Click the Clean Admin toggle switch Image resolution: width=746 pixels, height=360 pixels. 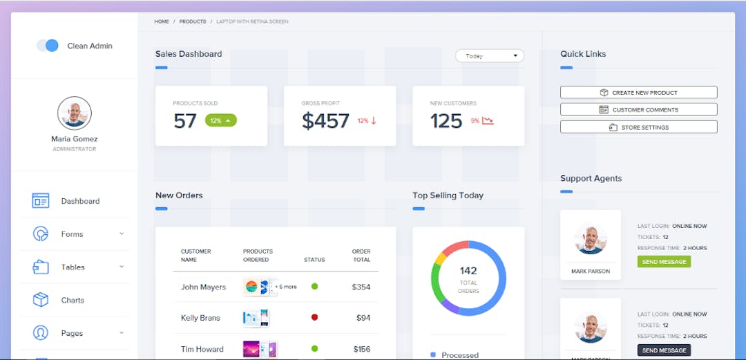[48, 46]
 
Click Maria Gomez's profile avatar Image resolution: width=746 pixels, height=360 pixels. [75, 113]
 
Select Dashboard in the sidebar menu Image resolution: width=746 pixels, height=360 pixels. [80, 201]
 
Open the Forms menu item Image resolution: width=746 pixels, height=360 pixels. [72, 234]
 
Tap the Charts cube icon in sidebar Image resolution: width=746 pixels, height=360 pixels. [41, 301]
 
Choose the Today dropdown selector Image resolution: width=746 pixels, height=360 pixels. [489, 56]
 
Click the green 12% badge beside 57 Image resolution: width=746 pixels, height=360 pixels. [221, 120]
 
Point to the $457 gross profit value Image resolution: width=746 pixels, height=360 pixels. [325, 121]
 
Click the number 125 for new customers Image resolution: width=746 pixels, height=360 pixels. [446, 121]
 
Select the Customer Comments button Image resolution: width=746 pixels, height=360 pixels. [638, 110]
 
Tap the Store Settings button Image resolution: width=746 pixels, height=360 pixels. [638, 127]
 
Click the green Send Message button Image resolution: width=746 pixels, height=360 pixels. [664, 262]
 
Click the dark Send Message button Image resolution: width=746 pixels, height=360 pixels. [664, 350]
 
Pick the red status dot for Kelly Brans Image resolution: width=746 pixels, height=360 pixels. [315, 318]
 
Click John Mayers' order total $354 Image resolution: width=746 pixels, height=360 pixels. [361, 287]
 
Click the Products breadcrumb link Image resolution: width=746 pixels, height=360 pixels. [193, 21]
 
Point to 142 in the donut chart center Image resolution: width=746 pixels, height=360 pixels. [468, 271]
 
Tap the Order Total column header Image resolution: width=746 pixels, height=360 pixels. [361, 256]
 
